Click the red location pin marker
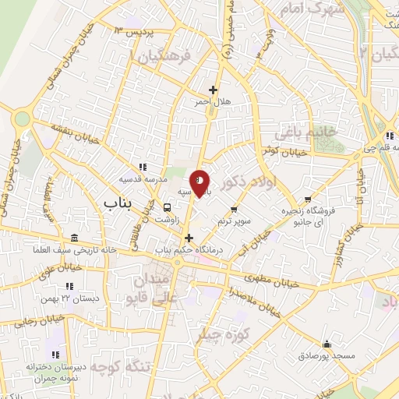click(200, 182)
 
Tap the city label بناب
click(120, 203)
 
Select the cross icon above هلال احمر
click(213, 90)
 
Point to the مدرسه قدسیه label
click(140, 178)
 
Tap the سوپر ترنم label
click(234, 221)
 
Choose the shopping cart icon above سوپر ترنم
click(235, 209)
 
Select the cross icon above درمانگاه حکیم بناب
click(189, 237)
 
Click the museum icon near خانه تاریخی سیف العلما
click(73, 238)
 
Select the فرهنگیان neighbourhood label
click(166, 57)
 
